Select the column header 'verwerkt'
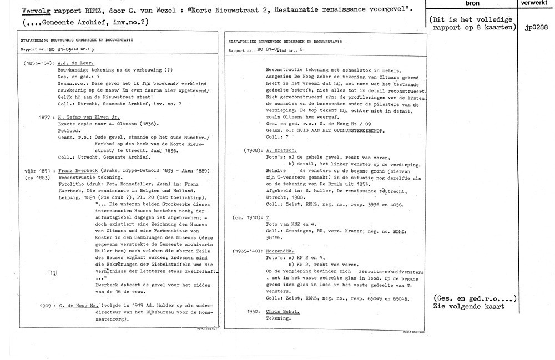tap(535, 4)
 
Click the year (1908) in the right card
tap(253, 151)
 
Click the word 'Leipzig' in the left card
tap(69, 198)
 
